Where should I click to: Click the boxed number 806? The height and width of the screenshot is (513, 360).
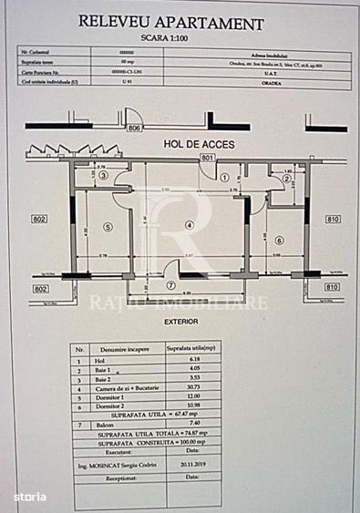click(x=135, y=129)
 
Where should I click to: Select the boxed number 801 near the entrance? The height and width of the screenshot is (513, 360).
click(x=208, y=159)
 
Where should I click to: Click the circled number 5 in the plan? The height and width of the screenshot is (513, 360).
click(x=107, y=227)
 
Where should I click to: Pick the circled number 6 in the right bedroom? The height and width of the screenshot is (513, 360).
click(x=279, y=240)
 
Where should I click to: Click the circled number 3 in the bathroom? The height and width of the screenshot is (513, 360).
click(x=103, y=176)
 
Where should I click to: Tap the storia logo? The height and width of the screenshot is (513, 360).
click(x=29, y=497)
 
